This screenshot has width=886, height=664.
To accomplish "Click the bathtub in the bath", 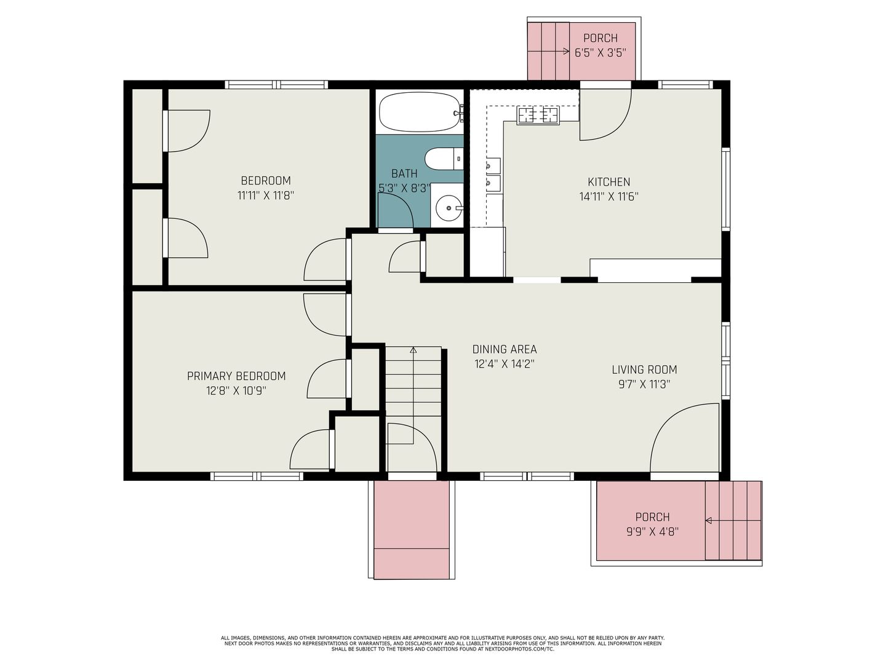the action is (420, 112).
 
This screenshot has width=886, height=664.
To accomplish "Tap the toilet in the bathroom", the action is (444, 159).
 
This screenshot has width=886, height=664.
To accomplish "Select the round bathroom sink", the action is (448, 208).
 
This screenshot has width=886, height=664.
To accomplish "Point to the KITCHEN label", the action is (609, 182).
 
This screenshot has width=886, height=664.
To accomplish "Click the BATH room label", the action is (404, 174).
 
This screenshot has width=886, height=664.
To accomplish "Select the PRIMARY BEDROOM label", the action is (236, 376).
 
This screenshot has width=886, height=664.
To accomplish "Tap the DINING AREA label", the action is (504, 349).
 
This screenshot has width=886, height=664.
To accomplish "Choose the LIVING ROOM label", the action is (644, 370).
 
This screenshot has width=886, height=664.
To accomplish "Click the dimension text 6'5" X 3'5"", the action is (601, 53).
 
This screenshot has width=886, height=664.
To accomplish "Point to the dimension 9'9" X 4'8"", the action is (652, 532).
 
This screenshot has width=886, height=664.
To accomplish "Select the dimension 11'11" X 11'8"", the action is (266, 196).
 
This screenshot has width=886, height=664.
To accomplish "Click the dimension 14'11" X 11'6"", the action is (609, 197).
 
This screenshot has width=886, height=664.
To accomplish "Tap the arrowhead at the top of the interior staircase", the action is (413, 350).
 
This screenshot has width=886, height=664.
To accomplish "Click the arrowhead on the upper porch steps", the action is (566, 51).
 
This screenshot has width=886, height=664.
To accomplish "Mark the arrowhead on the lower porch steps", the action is (708, 521).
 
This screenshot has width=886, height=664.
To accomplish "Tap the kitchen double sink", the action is (493, 174).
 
